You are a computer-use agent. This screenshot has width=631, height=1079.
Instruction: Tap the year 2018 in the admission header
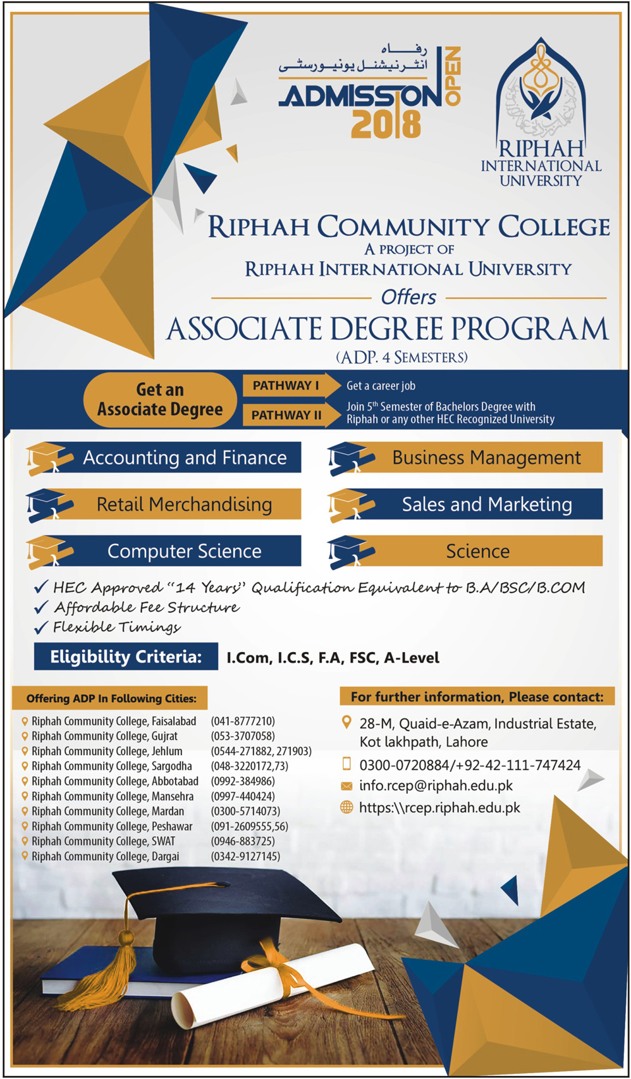pos(386,124)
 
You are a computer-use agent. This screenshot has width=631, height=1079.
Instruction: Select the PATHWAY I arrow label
pos(286,386)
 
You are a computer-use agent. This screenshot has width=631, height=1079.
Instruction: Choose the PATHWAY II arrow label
pos(286,415)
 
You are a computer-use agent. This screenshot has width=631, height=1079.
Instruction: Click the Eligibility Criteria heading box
pos(126,657)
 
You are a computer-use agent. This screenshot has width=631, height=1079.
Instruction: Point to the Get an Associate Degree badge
pos(160,400)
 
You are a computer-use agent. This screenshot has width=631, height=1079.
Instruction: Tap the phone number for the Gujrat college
pos(243,736)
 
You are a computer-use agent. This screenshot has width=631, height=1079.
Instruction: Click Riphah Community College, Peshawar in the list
pos(112,826)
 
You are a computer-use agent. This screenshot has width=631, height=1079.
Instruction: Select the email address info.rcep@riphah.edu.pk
pos(436,786)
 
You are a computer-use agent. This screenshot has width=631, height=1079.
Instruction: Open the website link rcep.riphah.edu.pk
pos(439,808)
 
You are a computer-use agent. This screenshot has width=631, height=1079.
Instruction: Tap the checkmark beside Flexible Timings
pos(41,627)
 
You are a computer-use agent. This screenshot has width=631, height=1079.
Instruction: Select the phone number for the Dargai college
pos(245,856)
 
